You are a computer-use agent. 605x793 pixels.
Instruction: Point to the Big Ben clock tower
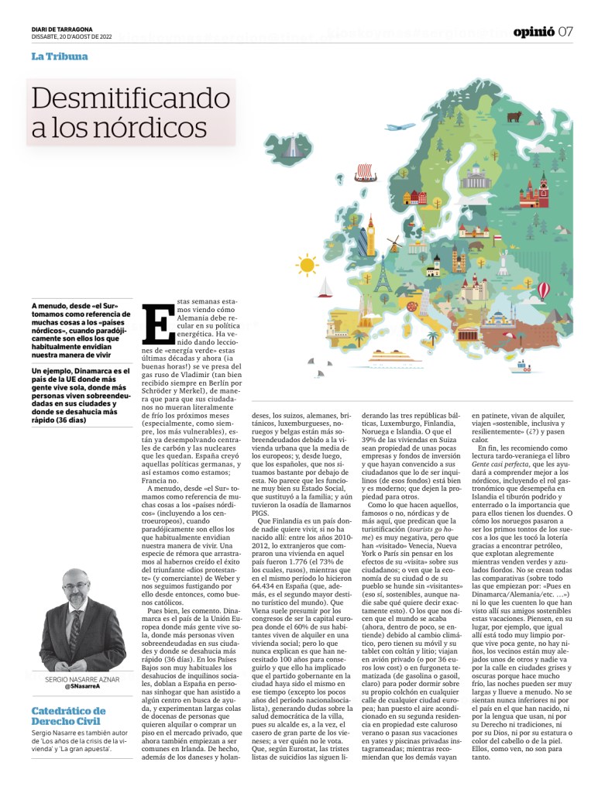pos(371,235)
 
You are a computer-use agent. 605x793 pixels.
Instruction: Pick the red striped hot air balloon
pos(544,290)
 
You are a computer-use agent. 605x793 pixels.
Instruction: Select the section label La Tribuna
pos(60,57)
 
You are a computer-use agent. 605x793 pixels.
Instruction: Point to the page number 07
pos(565,32)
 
